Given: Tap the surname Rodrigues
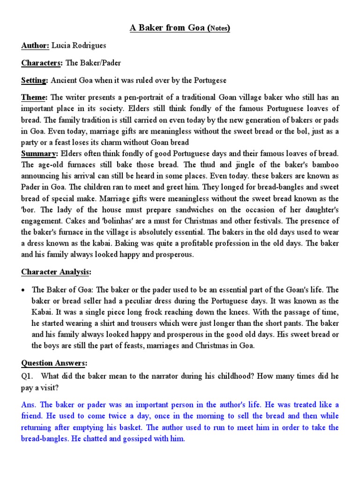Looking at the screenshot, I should click(x=90, y=45).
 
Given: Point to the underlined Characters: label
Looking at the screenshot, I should click(x=41, y=63).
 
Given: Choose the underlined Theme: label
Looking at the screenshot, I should click(x=34, y=97).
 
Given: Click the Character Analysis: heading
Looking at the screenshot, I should click(x=56, y=272).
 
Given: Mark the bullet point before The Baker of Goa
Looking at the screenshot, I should click(x=23, y=290).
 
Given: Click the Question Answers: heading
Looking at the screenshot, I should click(x=54, y=363).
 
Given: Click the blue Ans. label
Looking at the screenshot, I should click(x=30, y=405).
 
